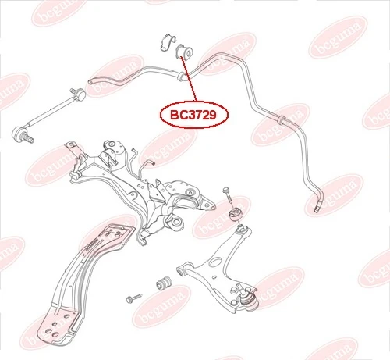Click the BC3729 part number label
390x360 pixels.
click(x=193, y=115)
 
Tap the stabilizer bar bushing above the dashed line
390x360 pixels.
click(x=184, y=52)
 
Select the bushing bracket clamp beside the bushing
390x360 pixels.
click(x=167, y=42)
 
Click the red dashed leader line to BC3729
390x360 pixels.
click(x=189, y=80)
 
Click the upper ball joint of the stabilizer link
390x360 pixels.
click(x=80, y=94)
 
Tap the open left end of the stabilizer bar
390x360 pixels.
click(x=90, y=82)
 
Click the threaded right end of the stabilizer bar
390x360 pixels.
click(x=317, y=208)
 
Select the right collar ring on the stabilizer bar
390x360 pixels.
click(x=282, y=120)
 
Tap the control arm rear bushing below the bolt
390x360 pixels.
click(x=236, y=214)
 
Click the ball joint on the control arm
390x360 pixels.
click(x=248, y=300)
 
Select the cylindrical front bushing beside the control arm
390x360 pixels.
click(x=164, y=283)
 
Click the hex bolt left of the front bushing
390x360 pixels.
click(x=134, y=298)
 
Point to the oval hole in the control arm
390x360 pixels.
click(x=214, y=262)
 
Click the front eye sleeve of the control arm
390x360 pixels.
click(x=181, y=271)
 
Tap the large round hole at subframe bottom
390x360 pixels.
click(x=176, y=223)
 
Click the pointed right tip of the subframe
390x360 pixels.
click(x=214, y=208)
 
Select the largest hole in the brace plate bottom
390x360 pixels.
click(x=48, y=331)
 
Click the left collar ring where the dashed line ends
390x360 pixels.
click(x=180, y=77)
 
